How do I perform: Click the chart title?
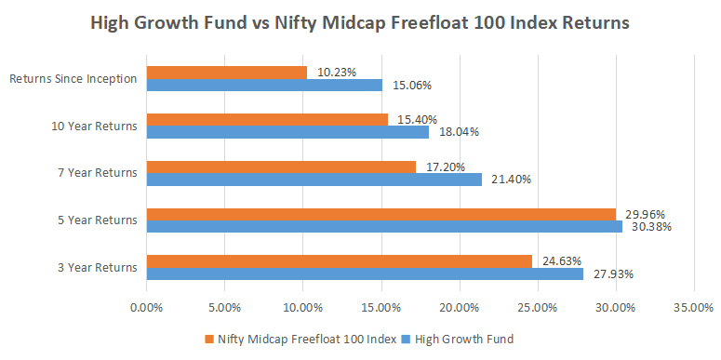click(360, 21)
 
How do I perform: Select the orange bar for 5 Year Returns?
click(381, 214)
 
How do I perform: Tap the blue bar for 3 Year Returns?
click(365, 273)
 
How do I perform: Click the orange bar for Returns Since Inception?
click(226, 73)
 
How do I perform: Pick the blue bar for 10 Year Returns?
click(287, 132)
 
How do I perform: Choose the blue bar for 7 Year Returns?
click(314, 179)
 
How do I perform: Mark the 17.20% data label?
click(443, 167)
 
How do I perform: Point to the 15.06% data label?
click(409, 86)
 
